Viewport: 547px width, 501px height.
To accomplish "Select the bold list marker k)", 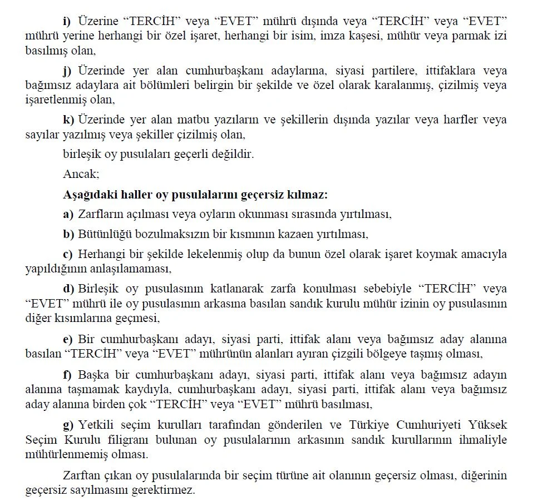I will (x=68, y=120).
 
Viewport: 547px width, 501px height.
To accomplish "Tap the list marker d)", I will (x=68, y=289).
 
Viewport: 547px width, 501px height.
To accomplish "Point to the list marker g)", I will (x=68, y=425).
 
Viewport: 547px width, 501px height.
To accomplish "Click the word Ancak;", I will (x=81, y=173).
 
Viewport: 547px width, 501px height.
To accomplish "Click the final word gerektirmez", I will (x=166, y=491).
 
